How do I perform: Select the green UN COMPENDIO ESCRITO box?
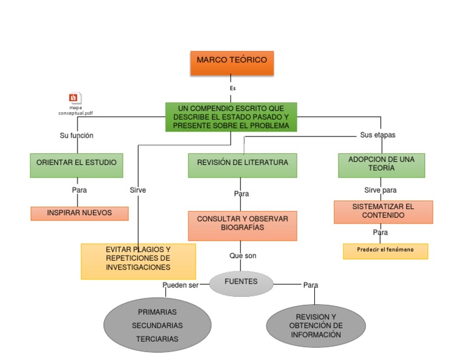tap(231, 117)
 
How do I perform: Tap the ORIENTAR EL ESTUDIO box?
tap(76, 165)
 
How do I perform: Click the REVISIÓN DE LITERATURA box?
tap(242, 165)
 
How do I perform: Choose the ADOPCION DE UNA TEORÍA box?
tap(381, 165)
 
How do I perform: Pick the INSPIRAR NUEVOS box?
tap(79, 213)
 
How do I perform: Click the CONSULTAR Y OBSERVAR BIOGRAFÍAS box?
tap(242, 225)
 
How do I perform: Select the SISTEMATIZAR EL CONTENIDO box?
tap(383, 212)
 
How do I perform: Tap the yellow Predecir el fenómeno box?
tap(385, 251)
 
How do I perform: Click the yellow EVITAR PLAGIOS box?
tap(138, 261)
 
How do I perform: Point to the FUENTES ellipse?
tap(241, 282)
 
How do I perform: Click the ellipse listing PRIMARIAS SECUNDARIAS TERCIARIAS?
tap(157, 325)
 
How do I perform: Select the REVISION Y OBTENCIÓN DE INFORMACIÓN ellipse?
tap(315, 326)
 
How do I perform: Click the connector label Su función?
tap(76, 136)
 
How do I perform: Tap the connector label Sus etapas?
tap(377, 135)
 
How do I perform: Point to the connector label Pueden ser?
tap(180, 285)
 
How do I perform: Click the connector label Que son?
tap(242, 256)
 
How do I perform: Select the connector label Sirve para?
tap(380, 190)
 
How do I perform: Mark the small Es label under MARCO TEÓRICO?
tap(232, 88)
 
